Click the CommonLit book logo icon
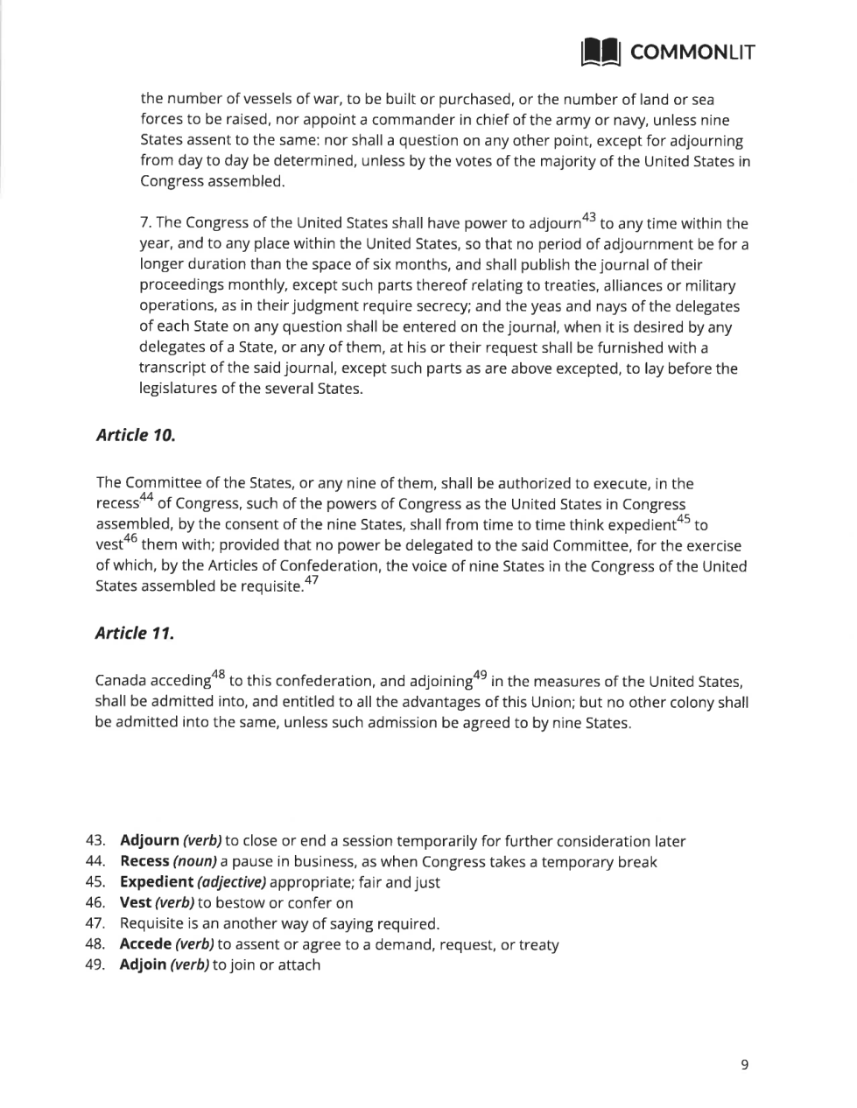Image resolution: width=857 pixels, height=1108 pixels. (x=601, y=52)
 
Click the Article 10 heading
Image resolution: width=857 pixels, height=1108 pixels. (x=135, y=435)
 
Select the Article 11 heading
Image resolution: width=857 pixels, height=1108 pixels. (x=134, y=633)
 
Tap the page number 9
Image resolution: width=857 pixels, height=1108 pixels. (x=744, y=1065)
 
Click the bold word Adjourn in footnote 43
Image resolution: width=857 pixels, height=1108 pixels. (x=149, y=841)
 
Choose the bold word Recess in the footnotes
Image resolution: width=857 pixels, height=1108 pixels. (x=144, y=862)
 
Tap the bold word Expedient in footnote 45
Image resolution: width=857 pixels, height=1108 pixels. (x=156, y=882)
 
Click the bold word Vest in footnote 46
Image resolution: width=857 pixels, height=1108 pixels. (x=135, y=903)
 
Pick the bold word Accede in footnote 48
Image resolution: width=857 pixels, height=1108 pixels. (x=144, y=944)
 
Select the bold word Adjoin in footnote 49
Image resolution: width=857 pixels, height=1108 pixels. (x=143, y=965)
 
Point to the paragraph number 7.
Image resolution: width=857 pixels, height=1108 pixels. (x=145, y=224)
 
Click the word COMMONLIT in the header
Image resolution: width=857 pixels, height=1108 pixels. (x=692, y=53)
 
